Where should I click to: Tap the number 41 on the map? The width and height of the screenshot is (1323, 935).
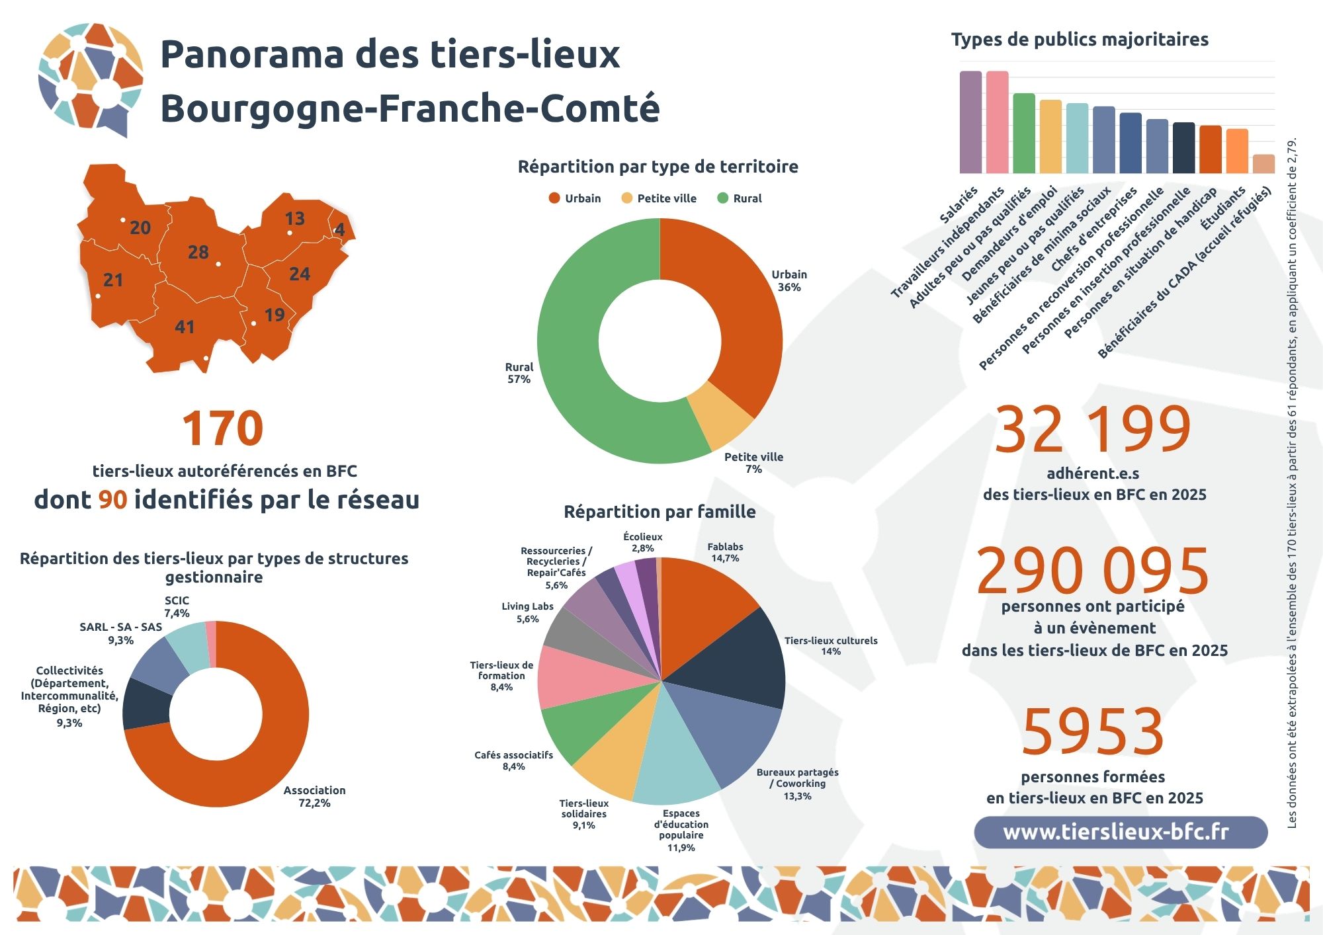[185, 327]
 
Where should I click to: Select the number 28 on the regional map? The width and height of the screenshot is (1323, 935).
[198, 252]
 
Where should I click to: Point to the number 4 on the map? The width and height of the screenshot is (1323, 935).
[339, 229]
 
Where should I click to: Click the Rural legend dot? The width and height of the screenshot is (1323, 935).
[723, 198]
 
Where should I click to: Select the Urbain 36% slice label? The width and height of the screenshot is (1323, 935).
[789, 280]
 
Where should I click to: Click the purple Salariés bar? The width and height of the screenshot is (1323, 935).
[970, 122]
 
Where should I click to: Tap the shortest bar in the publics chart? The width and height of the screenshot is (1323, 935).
[1263, 164]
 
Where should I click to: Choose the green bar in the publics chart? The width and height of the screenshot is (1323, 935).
[1024, 134]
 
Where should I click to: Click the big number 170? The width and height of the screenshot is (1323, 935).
[222, 428]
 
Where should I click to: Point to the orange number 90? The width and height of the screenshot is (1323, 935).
[112, 500]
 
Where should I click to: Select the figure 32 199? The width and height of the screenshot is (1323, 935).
[1093, 429]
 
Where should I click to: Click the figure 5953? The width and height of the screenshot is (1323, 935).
[1093, 731]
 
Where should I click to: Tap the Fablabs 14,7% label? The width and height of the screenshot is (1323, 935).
[725, 552]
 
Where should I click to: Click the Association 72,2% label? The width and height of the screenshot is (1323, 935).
[314, 796]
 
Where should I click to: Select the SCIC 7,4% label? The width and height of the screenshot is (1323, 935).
[177, 606]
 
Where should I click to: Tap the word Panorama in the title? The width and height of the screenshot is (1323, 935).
[251, 54]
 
